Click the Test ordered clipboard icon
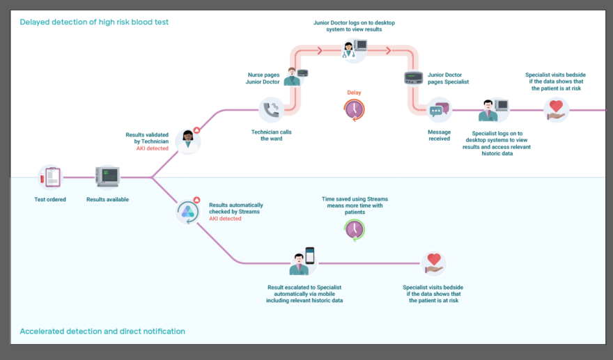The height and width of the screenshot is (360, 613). click(49, 177)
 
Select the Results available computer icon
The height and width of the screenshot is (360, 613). click(107, 177)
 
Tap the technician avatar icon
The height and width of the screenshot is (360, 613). click(188, 141)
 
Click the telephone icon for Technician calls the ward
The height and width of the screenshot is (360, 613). click(271, 109)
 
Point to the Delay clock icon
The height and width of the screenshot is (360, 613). click(354, 109)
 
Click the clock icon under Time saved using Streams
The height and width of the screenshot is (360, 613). click(355, 229)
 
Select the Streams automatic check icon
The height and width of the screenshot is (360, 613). click(188, 212)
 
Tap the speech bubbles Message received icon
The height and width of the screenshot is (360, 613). click(439, 110)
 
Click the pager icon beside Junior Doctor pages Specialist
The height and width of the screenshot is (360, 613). click(414, 78)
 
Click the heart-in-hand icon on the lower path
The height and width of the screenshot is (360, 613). click(433, 263)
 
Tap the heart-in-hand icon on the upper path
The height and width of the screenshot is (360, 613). click(556, 110)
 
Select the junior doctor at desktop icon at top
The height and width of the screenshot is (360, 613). click(354, 49)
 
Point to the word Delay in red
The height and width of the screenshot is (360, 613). click(354, 93)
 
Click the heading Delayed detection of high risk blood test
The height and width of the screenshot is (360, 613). click(94, 22)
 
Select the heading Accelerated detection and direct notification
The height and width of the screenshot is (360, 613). click(102, 331)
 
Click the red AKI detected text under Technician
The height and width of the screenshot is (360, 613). click(152, 148)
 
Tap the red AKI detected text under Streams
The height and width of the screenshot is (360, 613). click(225, 219)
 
